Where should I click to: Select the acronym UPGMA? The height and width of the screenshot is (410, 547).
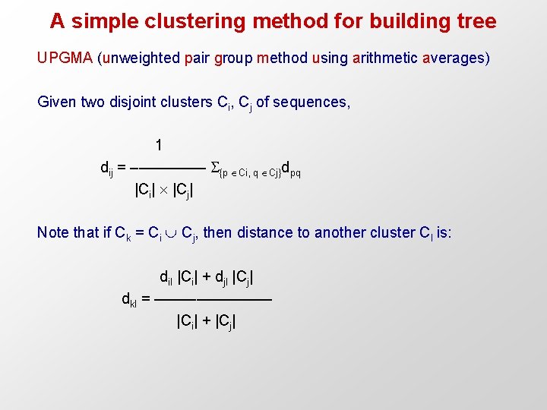pyautogui.click(x=65, y=58)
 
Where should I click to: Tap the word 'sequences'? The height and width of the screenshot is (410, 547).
pyautogui.click(x=311, y=102)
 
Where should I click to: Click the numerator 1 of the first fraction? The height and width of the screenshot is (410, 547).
pyautogui.click(x=158, y=144)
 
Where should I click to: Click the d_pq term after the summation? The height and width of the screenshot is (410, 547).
pyautogui.click(x=291, y=169)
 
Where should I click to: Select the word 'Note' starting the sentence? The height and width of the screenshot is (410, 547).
pyautogui.click(x=52, y=232)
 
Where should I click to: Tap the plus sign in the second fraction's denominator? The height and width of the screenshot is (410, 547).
pyautogui.click(x=205, y=321)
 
